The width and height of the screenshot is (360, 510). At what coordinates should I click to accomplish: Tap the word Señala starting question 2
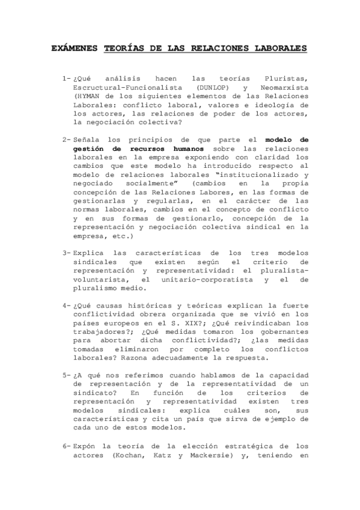(85, 140)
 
